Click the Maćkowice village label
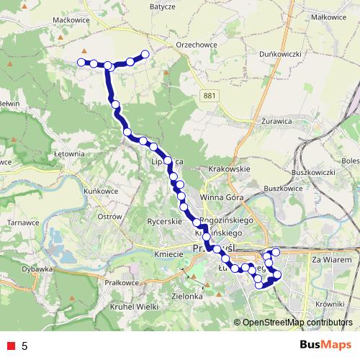tap(70, 21)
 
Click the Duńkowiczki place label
tap(281, 53)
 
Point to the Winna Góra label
tap(222, 197)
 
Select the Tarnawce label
tap(22, 222)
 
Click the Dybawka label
tap(38, 269)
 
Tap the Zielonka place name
tap(185, 296)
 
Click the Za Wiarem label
tap(332, 259)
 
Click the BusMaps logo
tap(325, 346)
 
